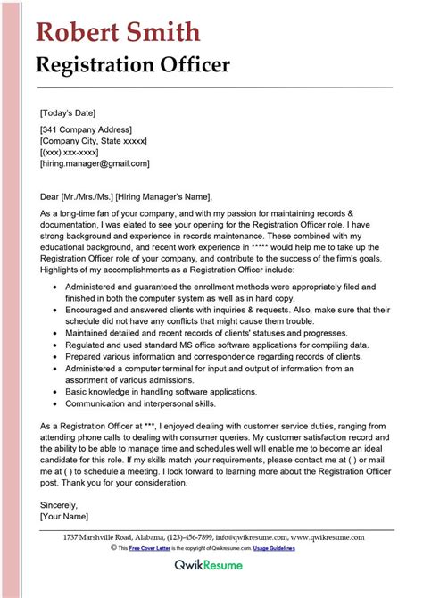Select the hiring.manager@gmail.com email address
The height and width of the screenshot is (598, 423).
click(95, 164)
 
